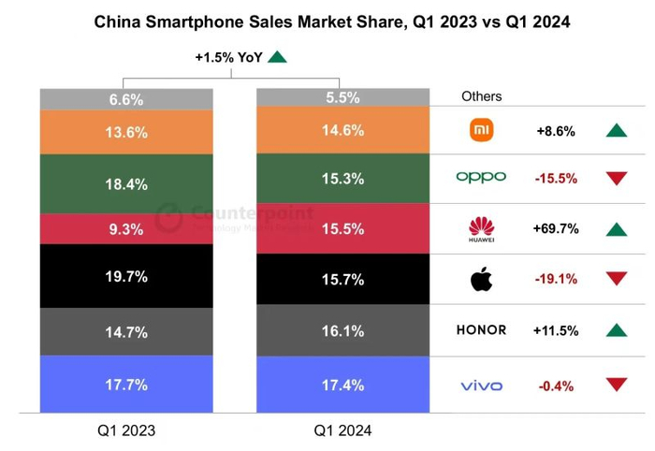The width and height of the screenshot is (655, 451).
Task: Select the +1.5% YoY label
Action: (x=227, y=58)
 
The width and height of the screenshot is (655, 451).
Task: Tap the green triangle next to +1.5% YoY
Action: (x=277, y=58)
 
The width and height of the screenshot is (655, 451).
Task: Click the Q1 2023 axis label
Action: (x=126, y=430)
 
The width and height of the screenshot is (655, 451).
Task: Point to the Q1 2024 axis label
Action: (x=342, y=430)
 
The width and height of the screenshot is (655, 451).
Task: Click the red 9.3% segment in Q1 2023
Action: (x=126, y=227)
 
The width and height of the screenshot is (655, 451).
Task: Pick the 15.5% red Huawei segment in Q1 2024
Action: (x=342, y=227)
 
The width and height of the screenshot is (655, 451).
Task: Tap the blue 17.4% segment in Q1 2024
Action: (x=342, y=385)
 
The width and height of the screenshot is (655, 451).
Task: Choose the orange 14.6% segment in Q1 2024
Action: (x=342, y=130)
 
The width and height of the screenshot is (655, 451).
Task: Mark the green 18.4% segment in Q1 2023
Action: (x=126, y=184)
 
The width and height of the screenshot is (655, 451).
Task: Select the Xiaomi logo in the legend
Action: (x=481, y=130)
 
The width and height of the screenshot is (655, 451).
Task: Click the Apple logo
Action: (x=481, y=277)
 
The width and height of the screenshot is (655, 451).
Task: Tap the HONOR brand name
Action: (x=481, y=330)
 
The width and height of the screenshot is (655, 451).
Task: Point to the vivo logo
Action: (x=481, y=386)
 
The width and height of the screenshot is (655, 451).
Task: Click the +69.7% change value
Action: (x=557, y=228)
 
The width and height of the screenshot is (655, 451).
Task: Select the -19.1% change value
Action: (x=556, y=278)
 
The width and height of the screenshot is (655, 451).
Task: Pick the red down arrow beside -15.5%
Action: (x=615, y=178)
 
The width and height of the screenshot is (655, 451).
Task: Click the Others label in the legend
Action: (x=481, y=96)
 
